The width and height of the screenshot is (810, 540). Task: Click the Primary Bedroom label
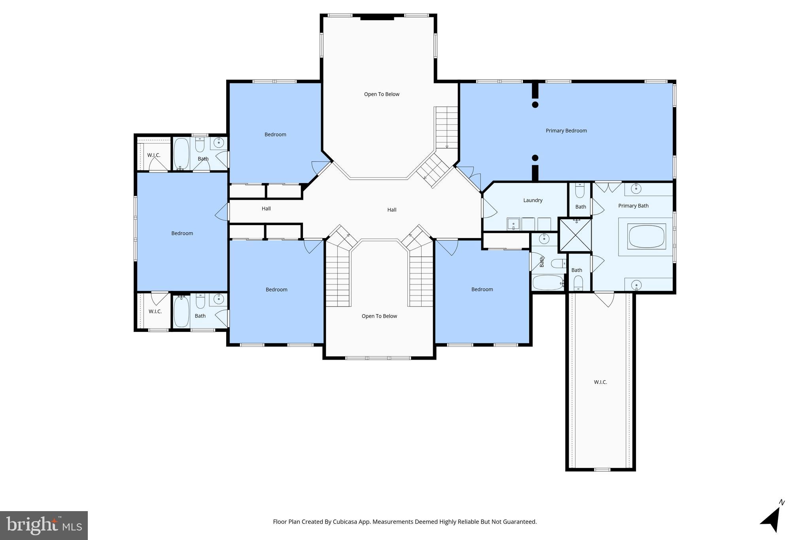pyautogui.click(x=566, y=131)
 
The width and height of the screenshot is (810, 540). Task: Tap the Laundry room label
pyautogui.click(x=533, y=200)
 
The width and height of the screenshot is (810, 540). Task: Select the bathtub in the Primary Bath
pyautogui.click(x=647, y=237)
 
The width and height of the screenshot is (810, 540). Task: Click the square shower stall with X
pyautogui.click(x=575, y=236)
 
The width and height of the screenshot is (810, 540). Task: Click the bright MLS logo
pyautogui.click(x=44, y=525)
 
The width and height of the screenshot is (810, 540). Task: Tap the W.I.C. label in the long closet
pyautogui.click(x=600, y=382)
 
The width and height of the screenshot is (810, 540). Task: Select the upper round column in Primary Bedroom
pyautogui.click(x=535, y=105)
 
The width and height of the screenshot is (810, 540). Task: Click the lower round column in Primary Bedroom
pyautogui.click(x=535, y=158)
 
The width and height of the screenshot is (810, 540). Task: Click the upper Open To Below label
pyautogui.click(x=382, y=94)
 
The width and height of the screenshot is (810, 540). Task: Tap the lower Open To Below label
pyautogui.click(x=379, y=316)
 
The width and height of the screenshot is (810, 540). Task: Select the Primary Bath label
pyautogui.click(x=633, y=206)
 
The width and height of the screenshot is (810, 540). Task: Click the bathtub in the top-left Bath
pyautogui.click(x=182, y=153)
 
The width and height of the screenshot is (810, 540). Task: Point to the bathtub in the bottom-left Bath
pyautogui.click(x=182, y=311)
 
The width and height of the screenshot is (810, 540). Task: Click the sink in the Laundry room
pyautogui.click(x=514, y=224)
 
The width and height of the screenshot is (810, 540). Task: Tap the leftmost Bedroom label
pyautogui.click(x=182, y=233)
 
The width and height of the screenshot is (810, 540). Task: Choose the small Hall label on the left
pyautogui.click(x=266, y=208)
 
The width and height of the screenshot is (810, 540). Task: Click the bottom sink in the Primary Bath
pyautogui.click(x=636, y=284)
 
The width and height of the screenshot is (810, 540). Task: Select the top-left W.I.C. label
pyautogui.click(x=154, y=155)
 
